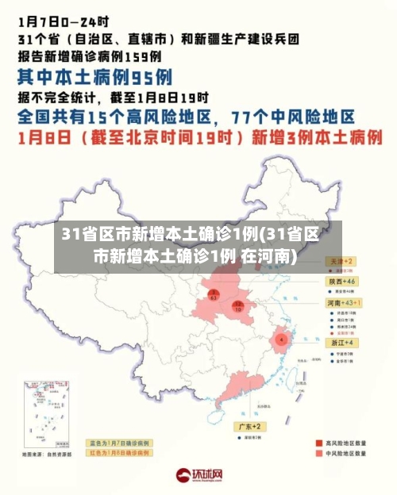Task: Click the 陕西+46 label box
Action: [341, 282]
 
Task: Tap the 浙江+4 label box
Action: [339, 342]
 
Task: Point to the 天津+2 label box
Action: [339, 260]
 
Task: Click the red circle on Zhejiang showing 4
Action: [280, 340]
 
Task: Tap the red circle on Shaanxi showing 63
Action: [213, 295]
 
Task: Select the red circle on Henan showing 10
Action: [237, 306]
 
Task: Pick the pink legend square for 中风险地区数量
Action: [312, 455]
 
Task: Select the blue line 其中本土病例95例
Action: [95, 77]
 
